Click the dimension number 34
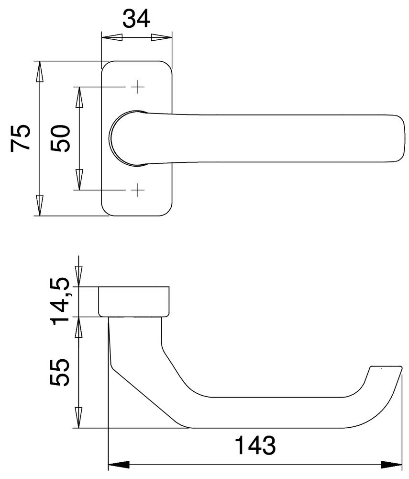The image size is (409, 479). (136, 19)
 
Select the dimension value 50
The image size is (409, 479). (61, 138)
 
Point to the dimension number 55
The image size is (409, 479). (61, 374)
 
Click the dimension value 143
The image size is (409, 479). (255, 446)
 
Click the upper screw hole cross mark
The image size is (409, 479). (138, 87)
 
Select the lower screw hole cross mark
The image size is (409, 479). (138, 190)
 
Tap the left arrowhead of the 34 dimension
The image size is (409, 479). (111, 37)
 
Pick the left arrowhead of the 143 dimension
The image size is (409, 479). (119, 464)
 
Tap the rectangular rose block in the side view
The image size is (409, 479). (134, 301)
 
